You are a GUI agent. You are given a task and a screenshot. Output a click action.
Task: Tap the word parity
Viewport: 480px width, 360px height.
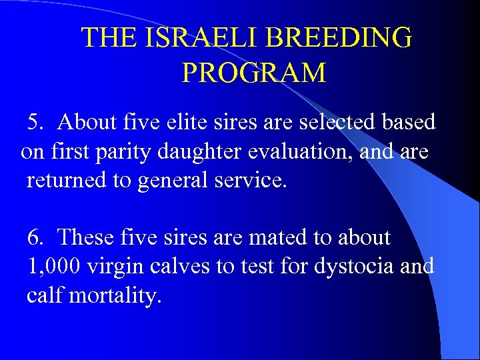click(126, 152)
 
